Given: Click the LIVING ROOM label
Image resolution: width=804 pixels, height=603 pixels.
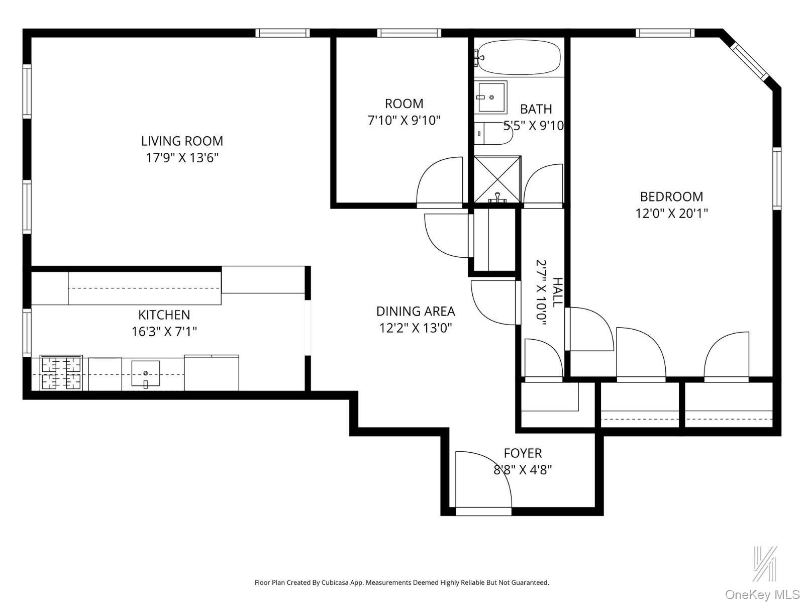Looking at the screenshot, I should click(x=182, y=141).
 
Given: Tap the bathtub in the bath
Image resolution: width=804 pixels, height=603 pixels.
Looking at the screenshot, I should click(x=519, y=57).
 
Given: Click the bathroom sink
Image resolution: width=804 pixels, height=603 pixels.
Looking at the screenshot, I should click(x=491, y=97).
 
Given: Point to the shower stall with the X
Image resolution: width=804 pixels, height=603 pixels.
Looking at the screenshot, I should click(x=497, y=179).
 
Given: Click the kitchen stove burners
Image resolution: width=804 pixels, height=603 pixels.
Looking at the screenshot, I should click(x=61, y=373).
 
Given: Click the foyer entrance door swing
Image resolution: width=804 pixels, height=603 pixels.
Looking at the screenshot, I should click(x=482, y=480).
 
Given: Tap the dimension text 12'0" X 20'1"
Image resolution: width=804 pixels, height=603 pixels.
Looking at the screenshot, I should click(x=671, y=214).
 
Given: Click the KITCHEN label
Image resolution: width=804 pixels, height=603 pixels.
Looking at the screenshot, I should click(x=164, y=315).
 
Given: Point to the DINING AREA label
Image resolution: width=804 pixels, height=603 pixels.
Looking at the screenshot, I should click(x=416, y=311).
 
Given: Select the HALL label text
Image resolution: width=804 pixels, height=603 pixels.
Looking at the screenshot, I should click(x=557, y=292).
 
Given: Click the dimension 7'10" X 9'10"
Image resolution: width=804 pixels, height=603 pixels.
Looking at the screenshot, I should click(x=404, y=121).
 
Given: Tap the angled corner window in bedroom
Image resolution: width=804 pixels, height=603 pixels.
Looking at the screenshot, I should click(x=749, y=61).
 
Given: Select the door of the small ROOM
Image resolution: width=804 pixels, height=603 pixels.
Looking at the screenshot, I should click(x=438, y=181).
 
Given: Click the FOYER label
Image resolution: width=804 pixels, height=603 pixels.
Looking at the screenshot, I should click(x=523, y=453).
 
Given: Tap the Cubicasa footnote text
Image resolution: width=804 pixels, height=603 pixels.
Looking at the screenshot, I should click(x=401, y=583).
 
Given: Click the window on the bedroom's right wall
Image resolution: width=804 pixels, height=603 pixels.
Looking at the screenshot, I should click(x=777, y=178).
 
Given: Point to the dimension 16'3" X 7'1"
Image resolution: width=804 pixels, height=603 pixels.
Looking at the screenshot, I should click(x=164, y=332).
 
